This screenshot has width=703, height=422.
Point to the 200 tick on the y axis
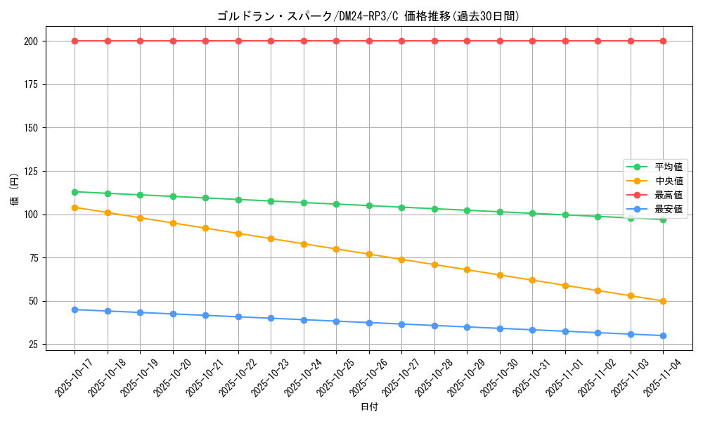click(32, 41)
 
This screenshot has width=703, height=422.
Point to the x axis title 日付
click(369, 407)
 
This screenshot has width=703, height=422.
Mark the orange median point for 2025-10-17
click(75, 207)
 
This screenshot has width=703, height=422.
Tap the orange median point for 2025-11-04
click(663, 301)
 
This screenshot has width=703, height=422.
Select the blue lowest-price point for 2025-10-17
click(75, 309)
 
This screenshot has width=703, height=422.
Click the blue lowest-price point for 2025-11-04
click(663, 335)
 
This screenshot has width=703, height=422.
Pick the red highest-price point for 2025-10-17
click(75, 41)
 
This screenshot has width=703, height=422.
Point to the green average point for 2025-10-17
click(75, 192)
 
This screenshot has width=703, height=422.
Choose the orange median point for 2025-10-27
click(401, 260)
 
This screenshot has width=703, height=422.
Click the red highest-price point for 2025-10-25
click(336, 41)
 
